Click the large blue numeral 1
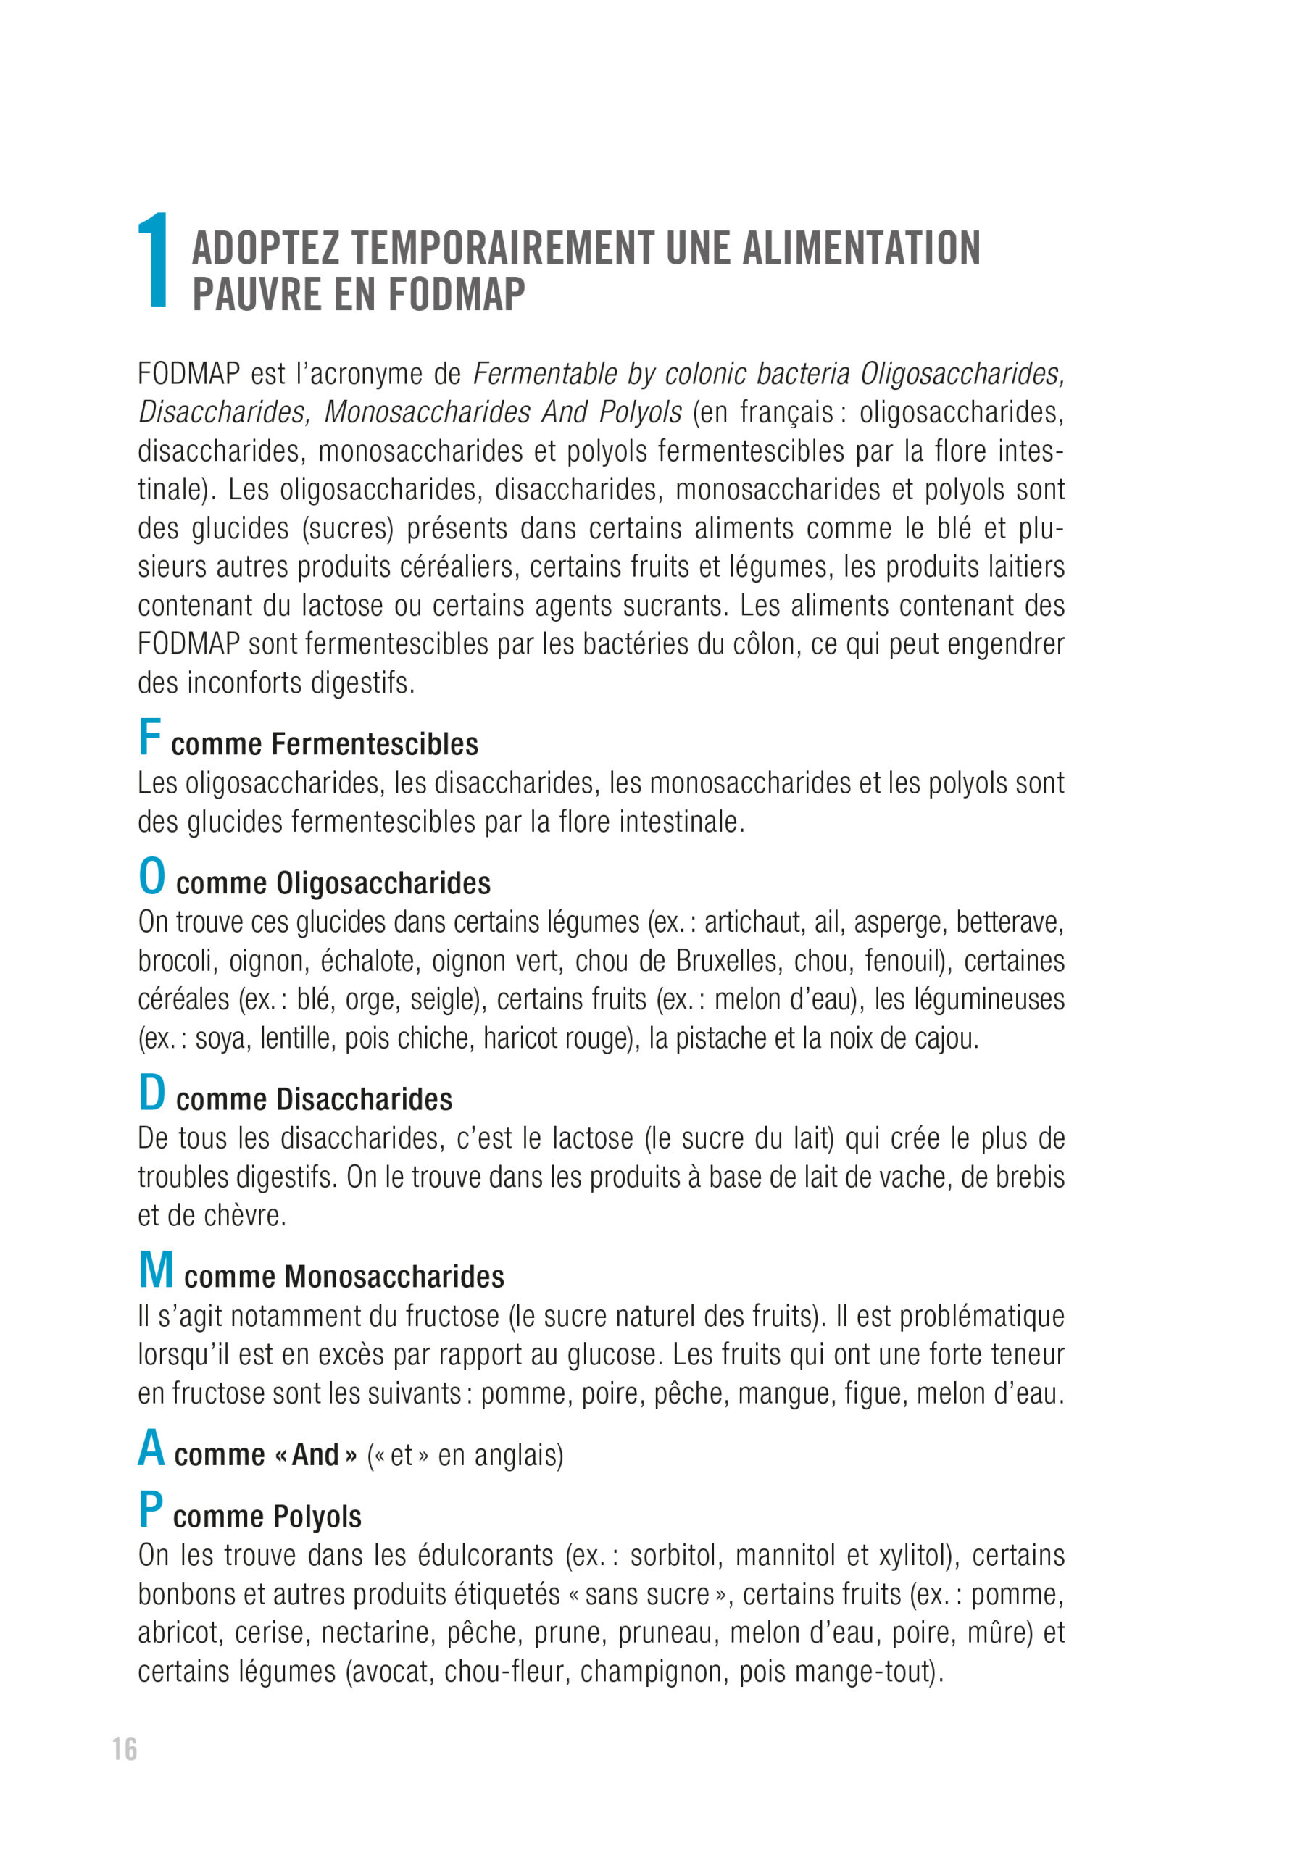click(154, 260)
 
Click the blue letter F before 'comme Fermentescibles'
click(149, 737)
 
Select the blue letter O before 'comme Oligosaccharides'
click(151, 877)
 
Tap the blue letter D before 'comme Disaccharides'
click(151, 1093)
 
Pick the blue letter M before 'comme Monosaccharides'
click(156, 1270)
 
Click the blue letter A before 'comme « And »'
click(151, 1448)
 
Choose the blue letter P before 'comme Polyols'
click(150, 1509)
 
